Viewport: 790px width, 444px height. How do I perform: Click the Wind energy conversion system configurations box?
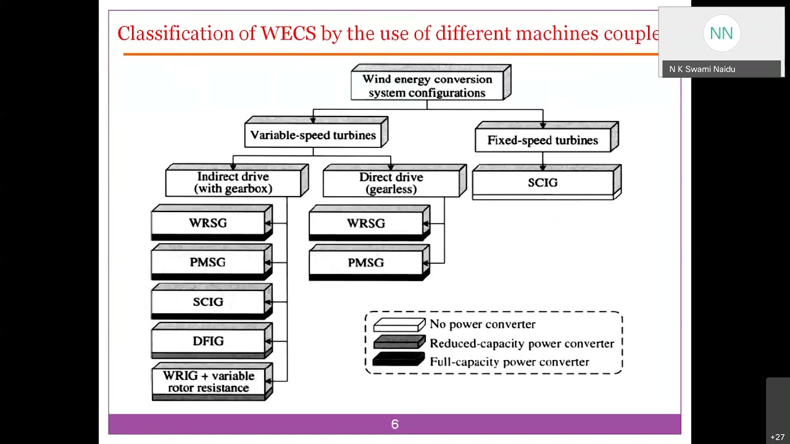pyautogui.click(x=427, y=86)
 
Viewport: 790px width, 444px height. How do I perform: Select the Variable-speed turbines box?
pyautogui.click(x=314, y=135)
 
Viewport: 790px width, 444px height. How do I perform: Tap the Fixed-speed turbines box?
pyautogui.click(x=543, y=140)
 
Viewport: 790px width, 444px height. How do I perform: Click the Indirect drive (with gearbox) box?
pyautogui.click(x=233, y=183)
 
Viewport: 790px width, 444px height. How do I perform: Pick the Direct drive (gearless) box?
pyautogui.click(x=391, y=183)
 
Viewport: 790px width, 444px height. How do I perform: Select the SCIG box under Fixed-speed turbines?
pyautogui.click(x=543, y=183)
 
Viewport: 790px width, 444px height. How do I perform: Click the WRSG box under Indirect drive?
pyautogui.click(x=208, y=223)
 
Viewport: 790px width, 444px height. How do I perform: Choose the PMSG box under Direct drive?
pyautogui.click(x=366, y=263)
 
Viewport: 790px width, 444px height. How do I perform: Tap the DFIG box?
pyautogui.click(x=208, y=341)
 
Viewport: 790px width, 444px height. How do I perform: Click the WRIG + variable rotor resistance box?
pyautogui.click(x=209, y=382)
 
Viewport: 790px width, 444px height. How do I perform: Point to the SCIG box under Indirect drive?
pyautogui.click(x=208, y=302)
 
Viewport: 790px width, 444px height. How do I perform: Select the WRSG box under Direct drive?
pyautogui.click(x=366, y=223)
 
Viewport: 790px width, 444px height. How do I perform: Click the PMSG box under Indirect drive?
pyautogui.click(x=208, y=263)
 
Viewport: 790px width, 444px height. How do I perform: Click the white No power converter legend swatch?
pyautogui.click(x=399, y=324)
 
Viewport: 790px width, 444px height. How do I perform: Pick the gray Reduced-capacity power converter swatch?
pyautogui.click(x=399, y=343)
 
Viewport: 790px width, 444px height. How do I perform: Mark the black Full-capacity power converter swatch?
pyautogui.click(x=399, y=361)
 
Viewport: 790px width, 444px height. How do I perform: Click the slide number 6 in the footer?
pyautogui.click(x=395, y=424)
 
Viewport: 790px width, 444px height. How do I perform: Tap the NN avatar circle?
pyautogui.click(x=721, y=33)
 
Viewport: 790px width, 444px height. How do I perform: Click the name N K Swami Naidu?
pyautogui.click(x=702, y=69)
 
